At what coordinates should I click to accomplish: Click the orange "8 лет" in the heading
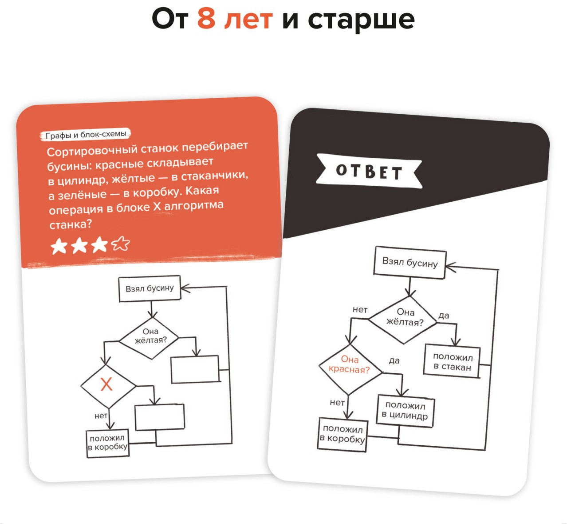235,19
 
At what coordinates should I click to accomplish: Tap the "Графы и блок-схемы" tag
85,134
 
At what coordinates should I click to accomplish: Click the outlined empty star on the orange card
121,244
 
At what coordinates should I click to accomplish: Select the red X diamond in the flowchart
108,386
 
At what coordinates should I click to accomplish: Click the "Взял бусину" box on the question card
150,288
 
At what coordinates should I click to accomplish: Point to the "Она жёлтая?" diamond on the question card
149,338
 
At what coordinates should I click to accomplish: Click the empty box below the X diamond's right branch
160,417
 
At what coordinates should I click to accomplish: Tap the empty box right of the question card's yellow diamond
195,369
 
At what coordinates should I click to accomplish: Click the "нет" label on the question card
101,416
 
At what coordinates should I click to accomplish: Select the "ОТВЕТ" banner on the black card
369,171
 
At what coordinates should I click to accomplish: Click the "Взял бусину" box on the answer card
409,262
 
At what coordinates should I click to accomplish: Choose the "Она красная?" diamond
350,369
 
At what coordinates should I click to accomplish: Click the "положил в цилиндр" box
405,411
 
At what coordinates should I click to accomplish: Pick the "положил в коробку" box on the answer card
343,435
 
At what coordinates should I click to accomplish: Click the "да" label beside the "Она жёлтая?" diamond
444,315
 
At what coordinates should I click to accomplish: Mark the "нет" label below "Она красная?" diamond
337,402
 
